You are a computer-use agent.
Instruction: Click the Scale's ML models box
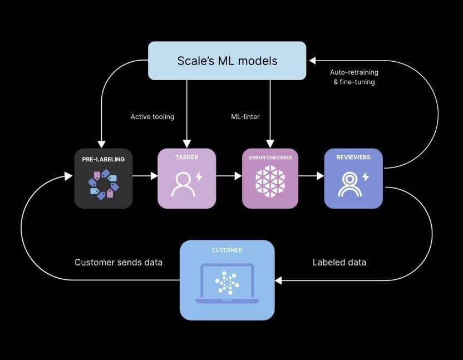pos(226,61)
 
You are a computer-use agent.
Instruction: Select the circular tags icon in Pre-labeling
pos(104,184)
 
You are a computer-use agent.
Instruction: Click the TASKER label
pos(186,157)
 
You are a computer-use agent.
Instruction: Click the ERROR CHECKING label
pos(270,157)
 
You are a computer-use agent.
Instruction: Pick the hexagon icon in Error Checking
pos(270,182)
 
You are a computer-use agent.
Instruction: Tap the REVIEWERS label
pos(353,157)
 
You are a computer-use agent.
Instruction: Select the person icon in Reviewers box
pos(349,184)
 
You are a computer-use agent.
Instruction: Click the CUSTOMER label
pos(227,250)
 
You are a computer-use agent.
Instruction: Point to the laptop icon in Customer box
pos(227,283)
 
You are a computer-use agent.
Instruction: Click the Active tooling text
pos(152,117)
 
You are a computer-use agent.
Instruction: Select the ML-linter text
pos(246,117)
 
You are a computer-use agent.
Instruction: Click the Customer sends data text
pos(119,262)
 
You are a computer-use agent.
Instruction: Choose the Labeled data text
pos(339,262)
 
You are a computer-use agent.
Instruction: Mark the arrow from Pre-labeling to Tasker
pos(145,176)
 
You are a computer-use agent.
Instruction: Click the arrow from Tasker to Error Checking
pos(229,176)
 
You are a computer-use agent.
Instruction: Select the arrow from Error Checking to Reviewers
pos(311,176)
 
